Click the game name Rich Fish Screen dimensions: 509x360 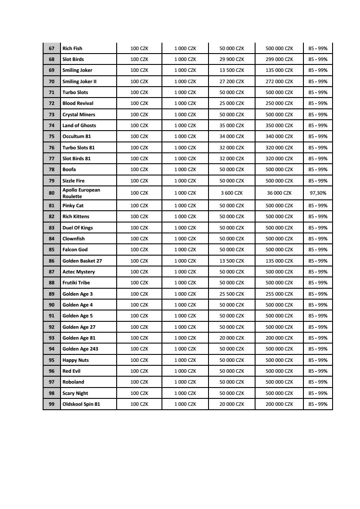72,48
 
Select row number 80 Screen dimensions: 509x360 52,193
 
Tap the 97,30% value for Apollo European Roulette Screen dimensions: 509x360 318,193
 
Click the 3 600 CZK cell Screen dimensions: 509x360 232,193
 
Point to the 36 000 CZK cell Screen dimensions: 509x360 279,193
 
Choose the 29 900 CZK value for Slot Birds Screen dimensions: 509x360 232,59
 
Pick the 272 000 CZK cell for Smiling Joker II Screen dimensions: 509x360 279,81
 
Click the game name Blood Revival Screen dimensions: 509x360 78,103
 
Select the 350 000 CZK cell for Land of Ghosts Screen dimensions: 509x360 279,125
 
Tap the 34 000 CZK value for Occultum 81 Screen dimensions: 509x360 232,136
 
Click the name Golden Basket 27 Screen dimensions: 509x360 82,261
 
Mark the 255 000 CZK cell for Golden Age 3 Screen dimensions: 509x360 279,294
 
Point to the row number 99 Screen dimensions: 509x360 52,404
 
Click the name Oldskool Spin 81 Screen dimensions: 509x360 81,404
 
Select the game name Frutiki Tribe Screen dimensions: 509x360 76,283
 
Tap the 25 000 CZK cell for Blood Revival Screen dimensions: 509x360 232,103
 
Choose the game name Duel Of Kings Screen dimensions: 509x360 77,228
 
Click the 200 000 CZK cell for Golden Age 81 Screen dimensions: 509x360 279,338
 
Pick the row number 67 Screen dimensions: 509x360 52,48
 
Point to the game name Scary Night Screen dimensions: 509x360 75,393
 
